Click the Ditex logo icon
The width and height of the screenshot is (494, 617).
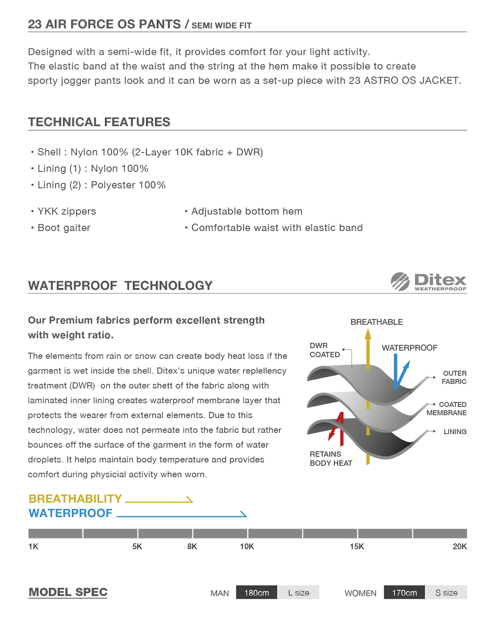coord(400,281)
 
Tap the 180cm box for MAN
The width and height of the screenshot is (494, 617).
coord(256,593)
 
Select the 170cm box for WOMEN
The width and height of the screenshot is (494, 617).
coord(404,593)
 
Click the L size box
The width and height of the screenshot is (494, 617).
coord(298,593)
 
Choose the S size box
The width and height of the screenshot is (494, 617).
coord(446,593)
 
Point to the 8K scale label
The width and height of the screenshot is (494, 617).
coord(192,547)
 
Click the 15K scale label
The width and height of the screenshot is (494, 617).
coord(357,547)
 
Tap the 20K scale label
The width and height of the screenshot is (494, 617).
coord(459,547)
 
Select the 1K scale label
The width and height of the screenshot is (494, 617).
coord(33,547)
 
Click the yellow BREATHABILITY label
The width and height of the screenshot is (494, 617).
coord(75,499)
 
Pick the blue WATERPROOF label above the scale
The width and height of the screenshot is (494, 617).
coord(70,513)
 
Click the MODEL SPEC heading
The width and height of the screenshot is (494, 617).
coord(68,592)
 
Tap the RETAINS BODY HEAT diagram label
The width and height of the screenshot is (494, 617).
coord(331,459)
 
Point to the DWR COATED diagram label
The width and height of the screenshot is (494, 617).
coord(324,350)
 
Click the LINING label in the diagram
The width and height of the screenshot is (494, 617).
coord(455,431)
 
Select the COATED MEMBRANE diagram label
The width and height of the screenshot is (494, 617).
coord(447,408)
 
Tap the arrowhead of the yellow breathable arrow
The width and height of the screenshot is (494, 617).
coord(368,334)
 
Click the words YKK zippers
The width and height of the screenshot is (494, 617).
coord(67,211)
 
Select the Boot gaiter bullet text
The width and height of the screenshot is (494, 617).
coord(64,228)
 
